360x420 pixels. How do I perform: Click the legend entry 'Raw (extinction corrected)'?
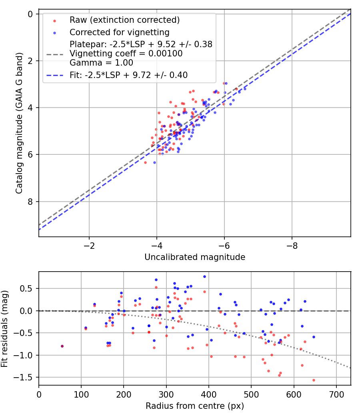(x=124, y=20)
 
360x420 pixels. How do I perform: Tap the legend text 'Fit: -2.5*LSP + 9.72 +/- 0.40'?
(x=128, y=75)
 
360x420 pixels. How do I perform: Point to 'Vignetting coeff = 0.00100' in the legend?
(x=126, y=54)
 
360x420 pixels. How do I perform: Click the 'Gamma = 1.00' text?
(x=101, y=63)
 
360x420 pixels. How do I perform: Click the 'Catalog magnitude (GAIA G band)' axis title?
(x=19, y=125)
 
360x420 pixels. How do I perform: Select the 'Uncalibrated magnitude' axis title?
(x=195, y=257)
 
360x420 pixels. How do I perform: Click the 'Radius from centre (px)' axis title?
(x=195, y=406)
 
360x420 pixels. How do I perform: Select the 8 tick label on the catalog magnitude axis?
(x=30, y=202)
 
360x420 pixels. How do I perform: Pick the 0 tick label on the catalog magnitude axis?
(x=30, y=14)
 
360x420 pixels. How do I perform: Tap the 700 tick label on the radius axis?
(x=336, y=394)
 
